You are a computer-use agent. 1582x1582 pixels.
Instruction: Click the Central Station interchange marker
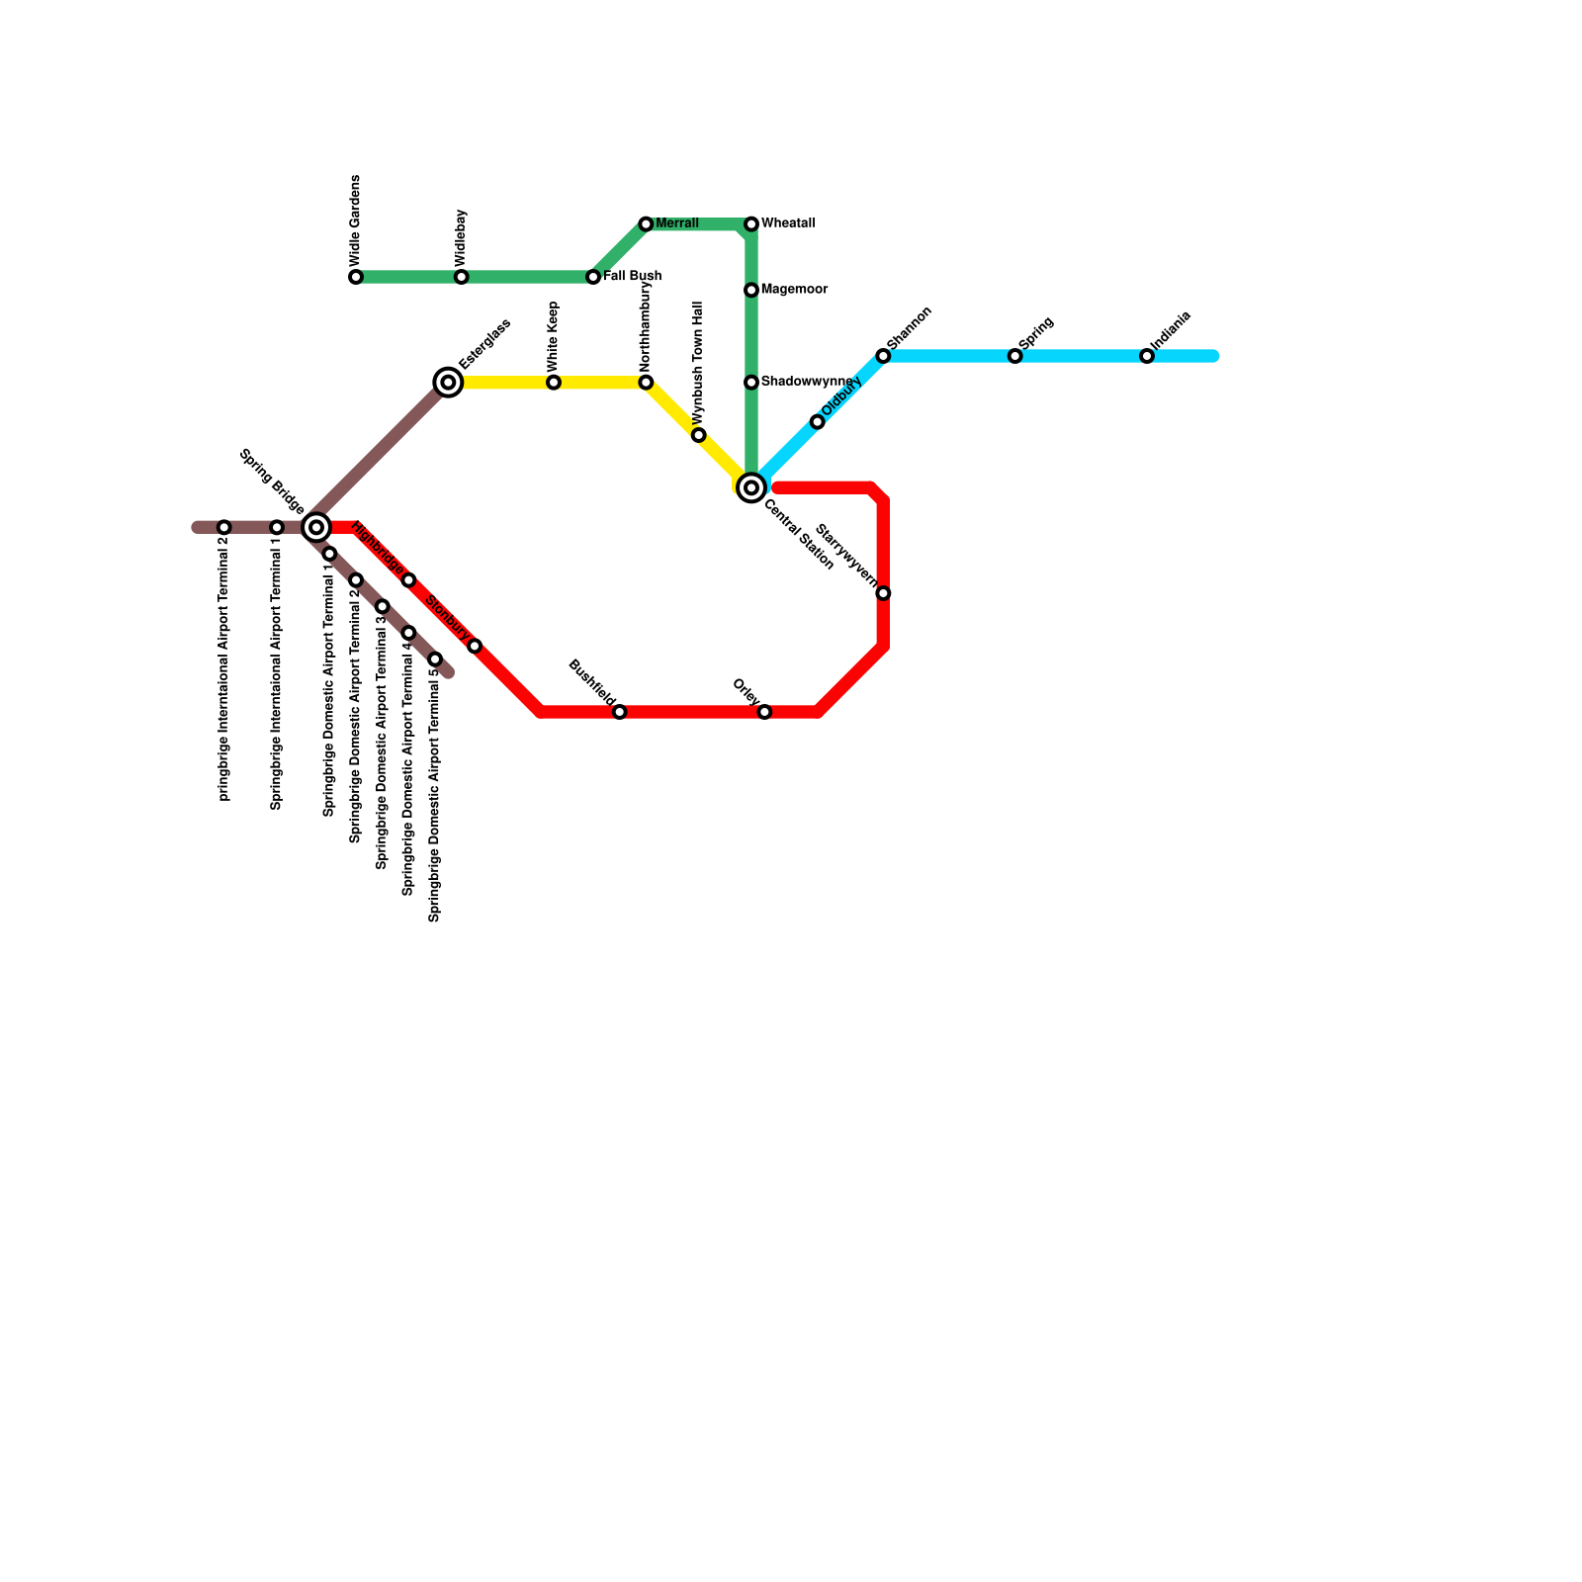click(751, 487)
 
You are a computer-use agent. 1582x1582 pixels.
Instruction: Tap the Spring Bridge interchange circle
click(316, 527)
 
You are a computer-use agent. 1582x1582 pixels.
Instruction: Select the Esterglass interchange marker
click(448, 382)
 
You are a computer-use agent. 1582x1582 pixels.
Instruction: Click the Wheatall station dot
click(751, 224)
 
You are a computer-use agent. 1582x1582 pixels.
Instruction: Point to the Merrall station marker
click(646, 224)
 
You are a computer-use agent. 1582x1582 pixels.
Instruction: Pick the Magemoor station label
click(794, 290)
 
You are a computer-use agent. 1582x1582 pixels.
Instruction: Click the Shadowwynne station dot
click(751, 383)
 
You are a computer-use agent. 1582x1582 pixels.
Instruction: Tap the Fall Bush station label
click(632, 276)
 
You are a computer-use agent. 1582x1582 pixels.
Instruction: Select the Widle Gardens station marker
click(356, 277)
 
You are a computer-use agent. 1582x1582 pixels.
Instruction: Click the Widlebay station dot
click(461, 277)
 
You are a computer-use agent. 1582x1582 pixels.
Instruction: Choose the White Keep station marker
click(554, 383)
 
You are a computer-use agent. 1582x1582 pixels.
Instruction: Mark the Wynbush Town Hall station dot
click(698, 435)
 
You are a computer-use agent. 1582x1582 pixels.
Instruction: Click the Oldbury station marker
click(817, 422)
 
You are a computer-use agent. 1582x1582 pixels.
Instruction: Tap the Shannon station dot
click(883, 356)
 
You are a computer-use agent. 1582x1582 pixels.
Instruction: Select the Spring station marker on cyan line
click(1014, 356)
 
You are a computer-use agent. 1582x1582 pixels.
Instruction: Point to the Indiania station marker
click(1146, 356)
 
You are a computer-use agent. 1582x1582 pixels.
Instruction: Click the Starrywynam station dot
click(883, 593)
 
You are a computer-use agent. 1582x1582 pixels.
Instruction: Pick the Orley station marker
click(764, 712)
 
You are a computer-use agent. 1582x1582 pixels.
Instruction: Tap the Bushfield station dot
click(619, 712)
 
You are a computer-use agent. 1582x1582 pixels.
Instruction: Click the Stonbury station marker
click(475, 647)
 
